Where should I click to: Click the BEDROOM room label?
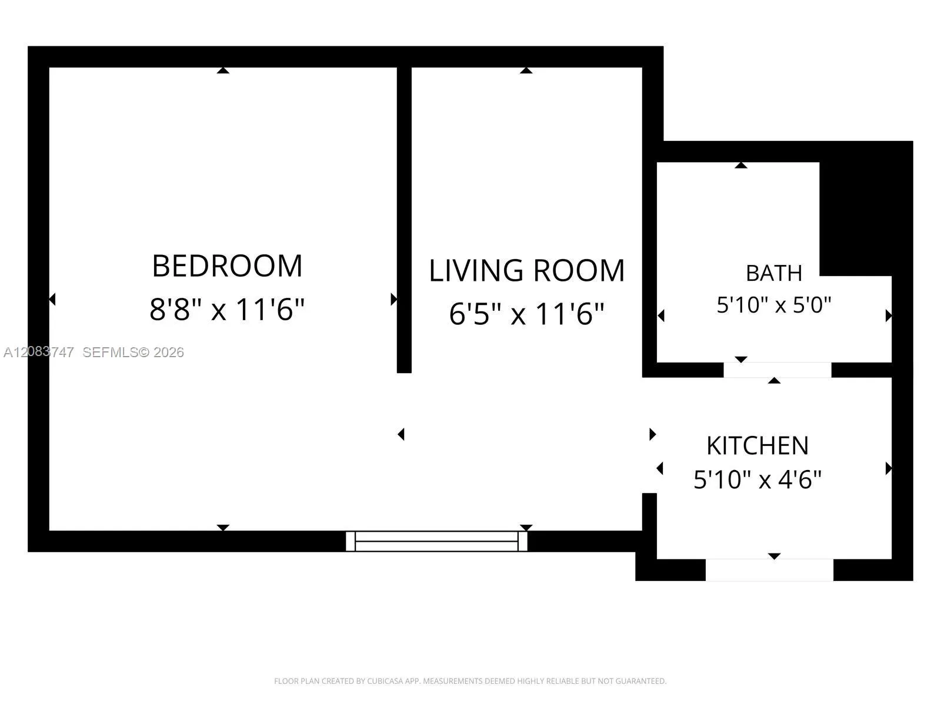point(227,266)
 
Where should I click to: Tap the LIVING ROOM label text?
point(527,270)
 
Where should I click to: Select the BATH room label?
point(774,273)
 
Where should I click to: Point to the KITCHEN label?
point(758,445)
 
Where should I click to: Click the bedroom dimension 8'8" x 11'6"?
point(227,309)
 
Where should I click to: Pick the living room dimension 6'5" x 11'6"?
point(526,314)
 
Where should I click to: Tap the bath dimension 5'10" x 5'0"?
point(774,305)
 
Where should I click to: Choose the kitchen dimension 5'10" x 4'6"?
point(758,479)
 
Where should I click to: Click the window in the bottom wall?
point(436,541)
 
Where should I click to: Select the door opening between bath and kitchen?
point(778,370)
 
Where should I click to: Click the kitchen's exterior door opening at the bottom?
point(769,570)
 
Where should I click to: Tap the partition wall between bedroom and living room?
point(404,220)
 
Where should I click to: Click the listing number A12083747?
point(39,352)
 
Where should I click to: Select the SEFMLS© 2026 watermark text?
point(133,352)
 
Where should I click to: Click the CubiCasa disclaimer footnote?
point(470,681)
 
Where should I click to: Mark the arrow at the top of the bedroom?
point(223,70)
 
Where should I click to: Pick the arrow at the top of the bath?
point(741,165)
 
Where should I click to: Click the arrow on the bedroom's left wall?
point(52,299)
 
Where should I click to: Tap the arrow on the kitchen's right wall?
point(889,469)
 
